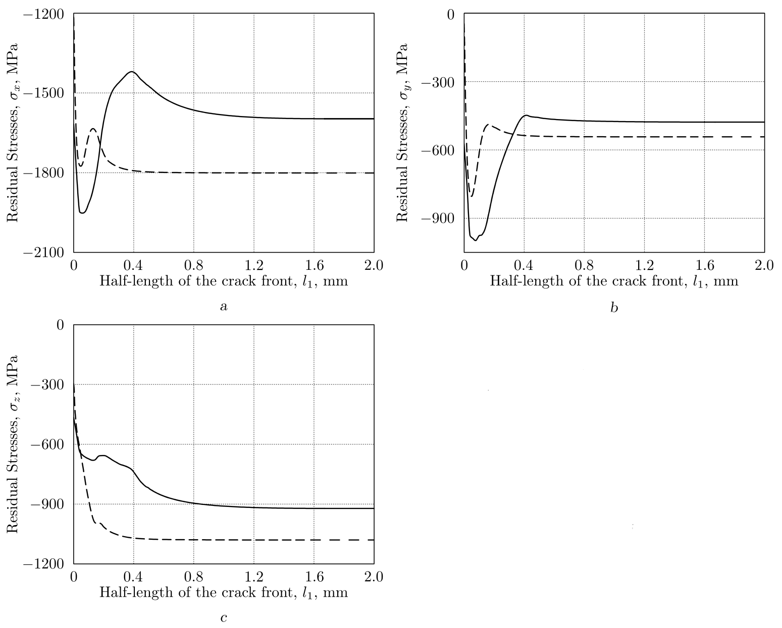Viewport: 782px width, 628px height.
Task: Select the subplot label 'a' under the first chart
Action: coord(224,306)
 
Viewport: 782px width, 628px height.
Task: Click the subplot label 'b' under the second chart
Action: coord(614,307)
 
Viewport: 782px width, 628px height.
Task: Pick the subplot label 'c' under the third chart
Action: coord(224,617)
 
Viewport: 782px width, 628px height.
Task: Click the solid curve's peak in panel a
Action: coord(132,72)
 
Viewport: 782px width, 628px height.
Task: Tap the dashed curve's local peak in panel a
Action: coord(93,129)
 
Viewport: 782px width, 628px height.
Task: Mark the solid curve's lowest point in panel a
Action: coord(82,213)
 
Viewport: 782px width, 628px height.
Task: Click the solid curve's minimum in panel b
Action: coord(475,240)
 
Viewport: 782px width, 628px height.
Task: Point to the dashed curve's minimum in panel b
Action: coord(472,196)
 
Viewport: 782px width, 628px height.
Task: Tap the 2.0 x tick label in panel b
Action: coord(764,266)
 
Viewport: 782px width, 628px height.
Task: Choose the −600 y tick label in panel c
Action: coord(47,444)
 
